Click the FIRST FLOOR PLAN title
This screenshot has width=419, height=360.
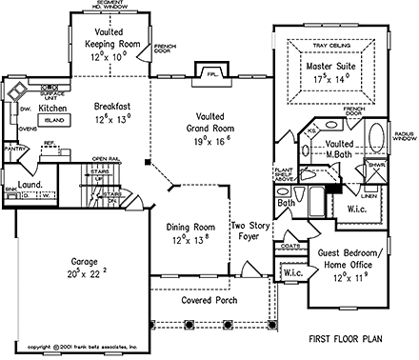(346, 339)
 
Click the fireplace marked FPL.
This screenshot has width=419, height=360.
(204, 72)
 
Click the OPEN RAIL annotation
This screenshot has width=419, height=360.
(105, 158)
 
